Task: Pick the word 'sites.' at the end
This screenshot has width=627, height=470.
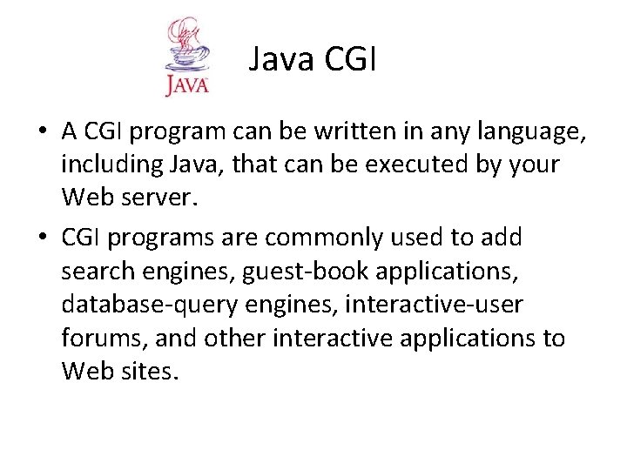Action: tap(148, 373)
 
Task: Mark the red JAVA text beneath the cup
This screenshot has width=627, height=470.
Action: tap(186, 86)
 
